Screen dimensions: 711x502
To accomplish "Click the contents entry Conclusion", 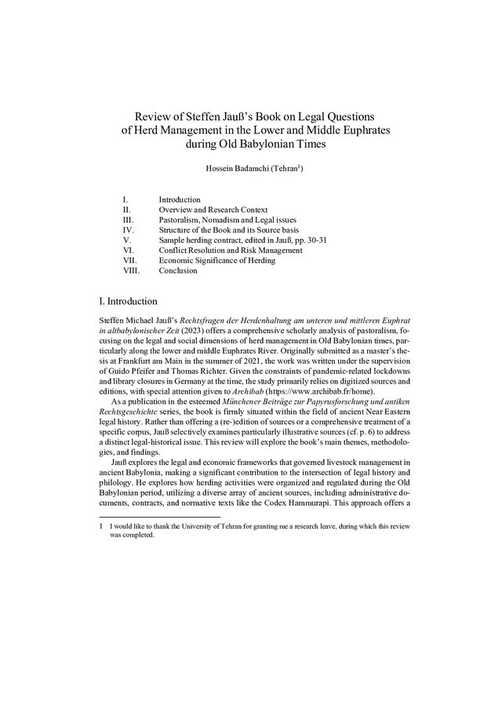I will click(x=178, y=271).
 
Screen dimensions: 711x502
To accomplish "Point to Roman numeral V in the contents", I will click(x=126, y=240).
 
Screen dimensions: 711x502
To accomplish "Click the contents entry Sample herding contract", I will click(x=202, y=240).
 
